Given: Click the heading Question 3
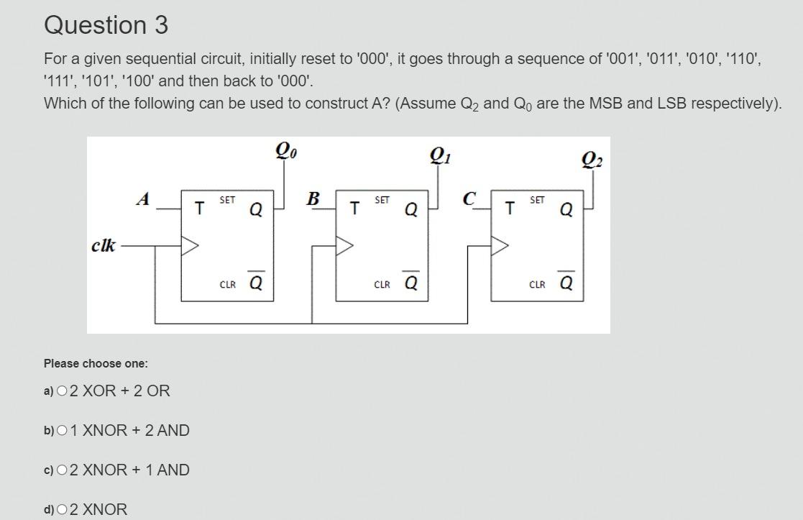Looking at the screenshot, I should [106, 25].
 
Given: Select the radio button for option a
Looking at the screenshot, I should [62, 391].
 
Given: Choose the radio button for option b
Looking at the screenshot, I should [62, 431].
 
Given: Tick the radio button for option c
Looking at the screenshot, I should [62, 470].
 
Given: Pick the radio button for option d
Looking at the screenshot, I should [62, 510].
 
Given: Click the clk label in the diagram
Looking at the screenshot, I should [104, 245].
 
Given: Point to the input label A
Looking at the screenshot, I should [143, 199].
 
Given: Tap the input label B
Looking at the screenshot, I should [313, 199].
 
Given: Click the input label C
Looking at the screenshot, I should [469, 199].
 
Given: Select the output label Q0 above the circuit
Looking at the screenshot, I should [286, 151].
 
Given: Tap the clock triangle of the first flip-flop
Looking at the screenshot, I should [190, 246].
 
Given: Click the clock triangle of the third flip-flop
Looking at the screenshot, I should [500, 246].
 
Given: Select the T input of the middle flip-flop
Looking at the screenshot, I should [354, 209].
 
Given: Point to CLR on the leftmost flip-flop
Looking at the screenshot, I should [227, 285].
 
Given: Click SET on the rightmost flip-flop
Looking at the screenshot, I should [537, 200].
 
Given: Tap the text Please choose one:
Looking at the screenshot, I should [96, 363].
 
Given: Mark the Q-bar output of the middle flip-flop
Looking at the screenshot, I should [411, 283].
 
